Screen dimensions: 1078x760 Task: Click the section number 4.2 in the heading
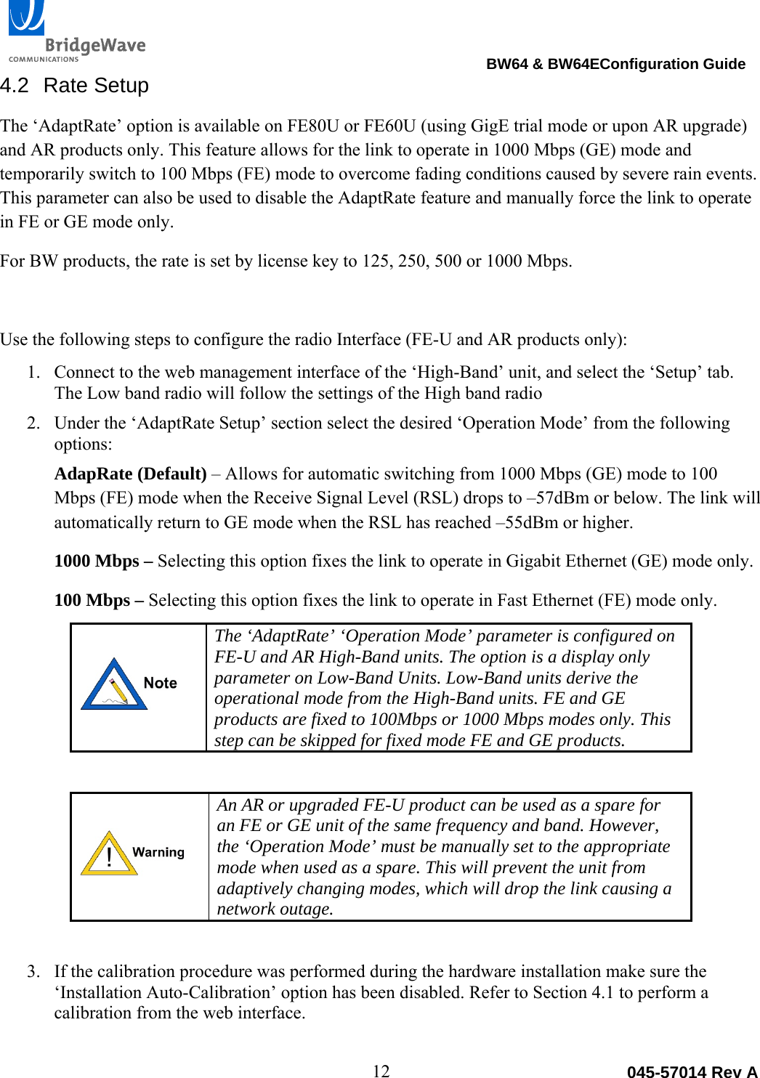[x=15, y=86]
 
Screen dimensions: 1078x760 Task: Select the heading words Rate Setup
[x=96, y=86]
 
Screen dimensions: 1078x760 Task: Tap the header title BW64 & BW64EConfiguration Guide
[x=615, y=64]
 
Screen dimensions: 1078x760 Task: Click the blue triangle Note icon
[x=114, y=684]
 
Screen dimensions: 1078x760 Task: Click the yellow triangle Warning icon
[x=109, y=854]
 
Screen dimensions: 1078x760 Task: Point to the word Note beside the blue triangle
[x=161, y=683]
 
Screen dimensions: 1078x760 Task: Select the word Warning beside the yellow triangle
[x=158, y=852]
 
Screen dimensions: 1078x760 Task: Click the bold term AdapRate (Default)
[x=131, y=474]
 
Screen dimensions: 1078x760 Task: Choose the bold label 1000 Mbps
[x=97, y=562]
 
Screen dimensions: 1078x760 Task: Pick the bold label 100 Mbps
[x=92, y=601]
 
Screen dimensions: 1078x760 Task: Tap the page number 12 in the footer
[x=381, y=1070]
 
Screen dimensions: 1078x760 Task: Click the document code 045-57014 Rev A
[x=692, y=1071]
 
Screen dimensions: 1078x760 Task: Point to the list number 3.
[x=33, y=972]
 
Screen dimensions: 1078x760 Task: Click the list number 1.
[x=33, y=373]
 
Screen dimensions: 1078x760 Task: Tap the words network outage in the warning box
[x=275, y=909]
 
